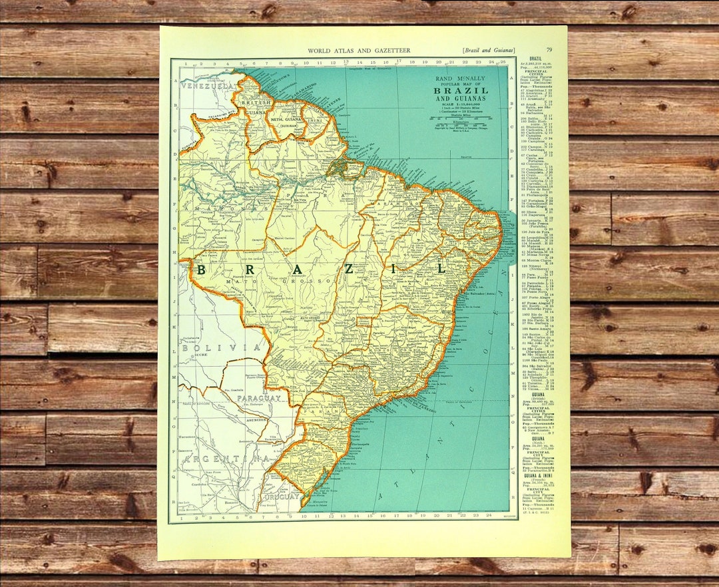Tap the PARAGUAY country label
(260, 398)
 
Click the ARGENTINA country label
(226, 459)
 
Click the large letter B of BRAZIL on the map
(200, 269)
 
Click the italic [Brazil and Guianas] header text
(488, 51)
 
